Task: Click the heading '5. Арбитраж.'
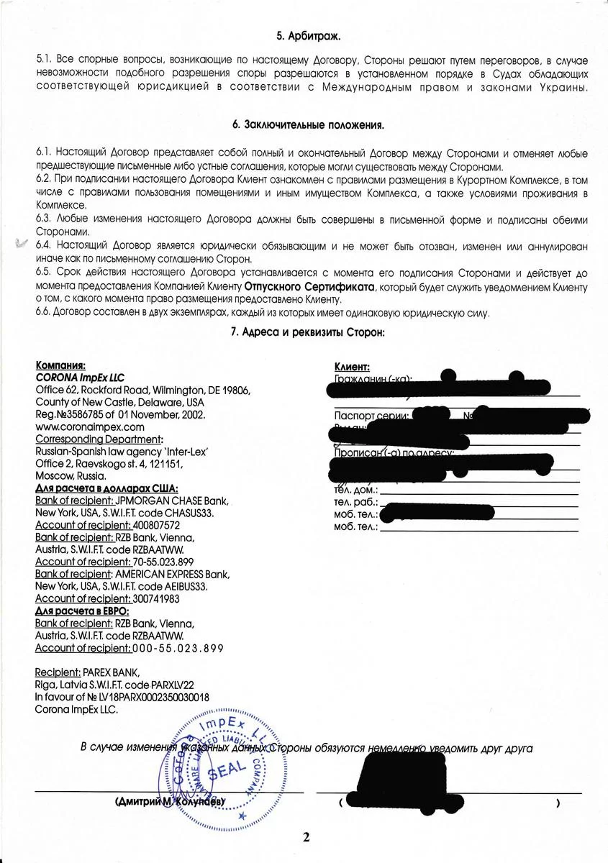coord(309,35)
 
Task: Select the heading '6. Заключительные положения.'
coord(309,125)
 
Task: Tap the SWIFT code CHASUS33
coord(190,513)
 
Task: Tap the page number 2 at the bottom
coord(307,836)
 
